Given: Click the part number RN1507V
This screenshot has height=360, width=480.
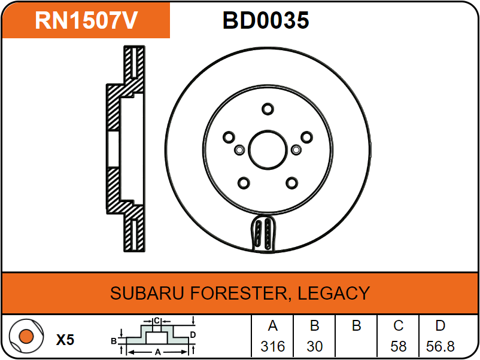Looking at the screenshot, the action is coord(86,20).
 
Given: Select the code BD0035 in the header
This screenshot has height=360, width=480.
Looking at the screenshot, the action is coord(266,20).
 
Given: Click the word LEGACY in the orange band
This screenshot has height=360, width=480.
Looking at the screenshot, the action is coord(334,293).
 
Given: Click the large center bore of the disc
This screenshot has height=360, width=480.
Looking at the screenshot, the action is coord(268,150).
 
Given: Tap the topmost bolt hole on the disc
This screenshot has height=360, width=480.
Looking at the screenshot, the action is coord(268,109).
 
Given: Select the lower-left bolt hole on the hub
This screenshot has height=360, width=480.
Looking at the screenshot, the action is coord(244,183).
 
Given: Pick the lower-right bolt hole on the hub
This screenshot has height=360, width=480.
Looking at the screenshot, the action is coord(291,183).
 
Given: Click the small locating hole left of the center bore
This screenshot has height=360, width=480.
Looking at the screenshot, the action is coord(239,150).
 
